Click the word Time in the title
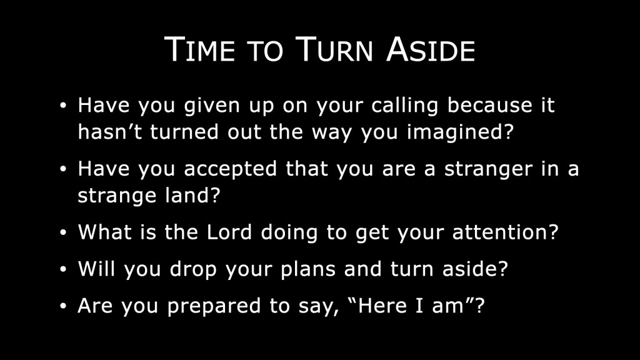point(199,49)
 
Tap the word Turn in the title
point(334,49)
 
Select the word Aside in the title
point(431,49)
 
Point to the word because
point(490,105)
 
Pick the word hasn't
point(110,131)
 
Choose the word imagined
point(460,132)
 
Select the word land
point(192,195)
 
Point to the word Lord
point(229,232)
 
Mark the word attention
point(505,232)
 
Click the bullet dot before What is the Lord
point(63,232)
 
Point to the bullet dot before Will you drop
point(63,269)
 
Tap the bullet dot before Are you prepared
point(63,306)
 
